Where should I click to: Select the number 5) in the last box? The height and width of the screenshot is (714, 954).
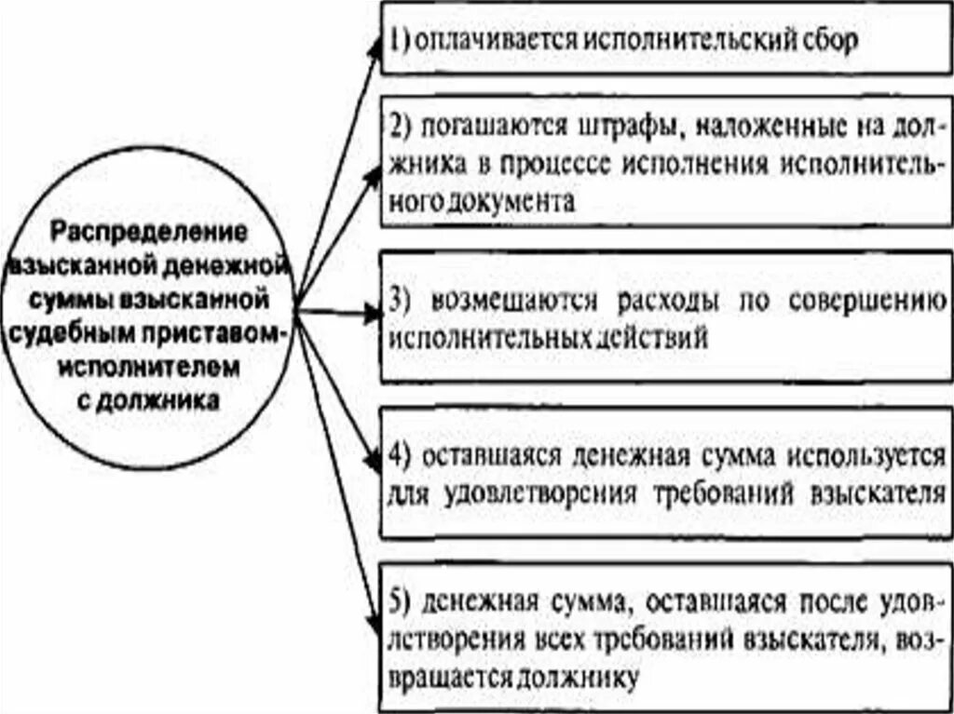(x=400, y=605)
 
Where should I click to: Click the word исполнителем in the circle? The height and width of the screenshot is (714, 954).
(x=149, y=368)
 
